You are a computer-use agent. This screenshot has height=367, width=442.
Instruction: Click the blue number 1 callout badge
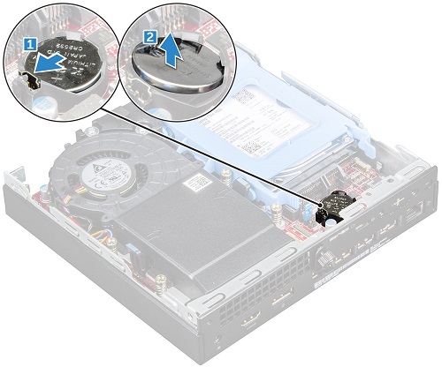tap(30, 41)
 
